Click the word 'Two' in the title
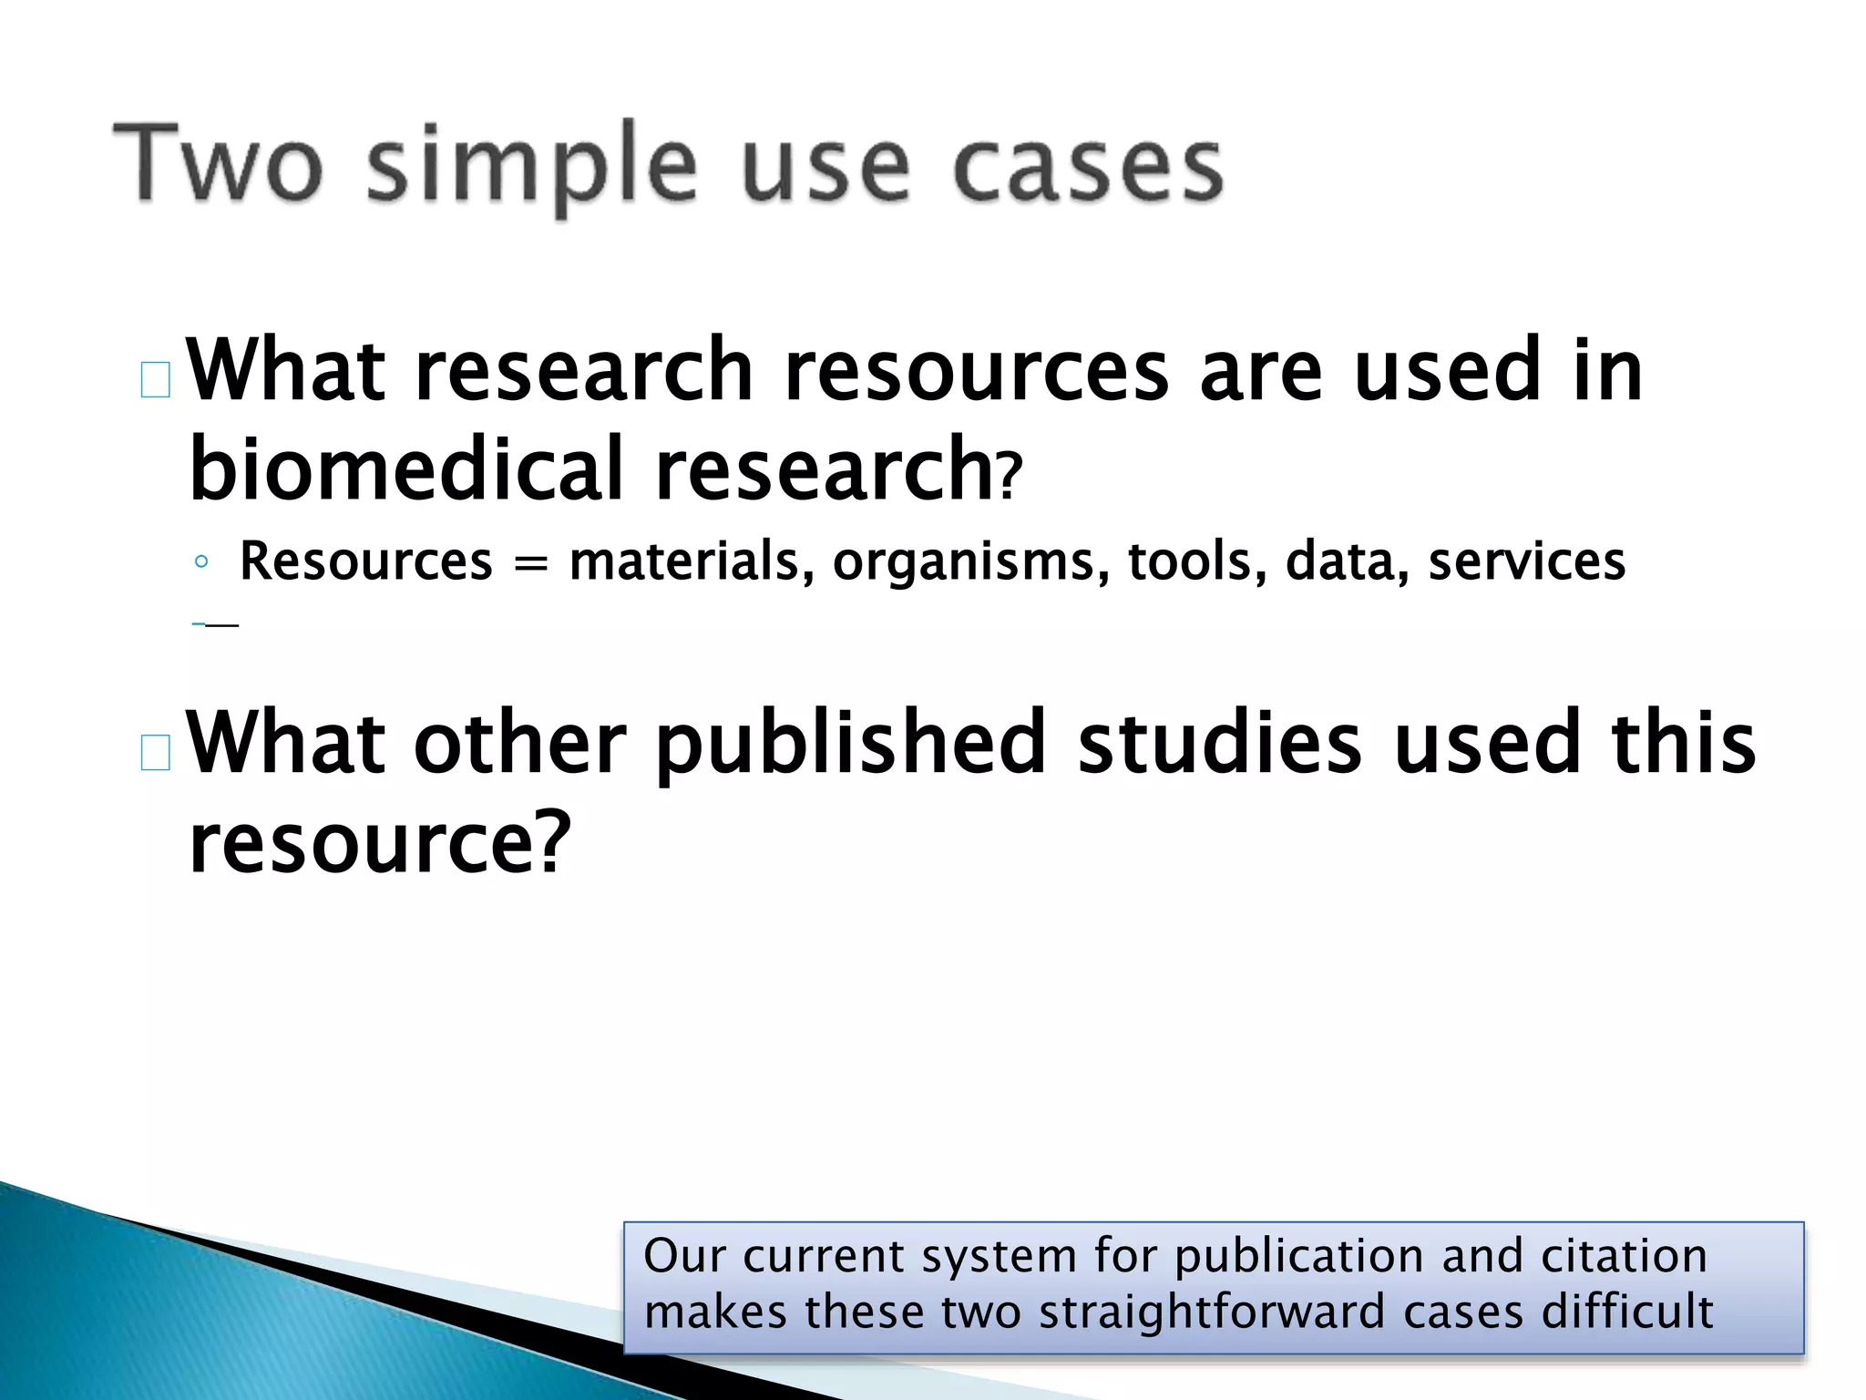point(217,165)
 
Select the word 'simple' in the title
point(531,169)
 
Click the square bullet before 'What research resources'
point(156,380)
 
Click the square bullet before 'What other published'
point(156,753)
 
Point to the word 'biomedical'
point(405,468)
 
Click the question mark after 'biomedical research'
point(1009,479)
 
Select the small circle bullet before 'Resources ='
point(201,562)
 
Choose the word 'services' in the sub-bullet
point(1526,561)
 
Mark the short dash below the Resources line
point(219,624)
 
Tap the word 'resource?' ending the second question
point(379,842)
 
